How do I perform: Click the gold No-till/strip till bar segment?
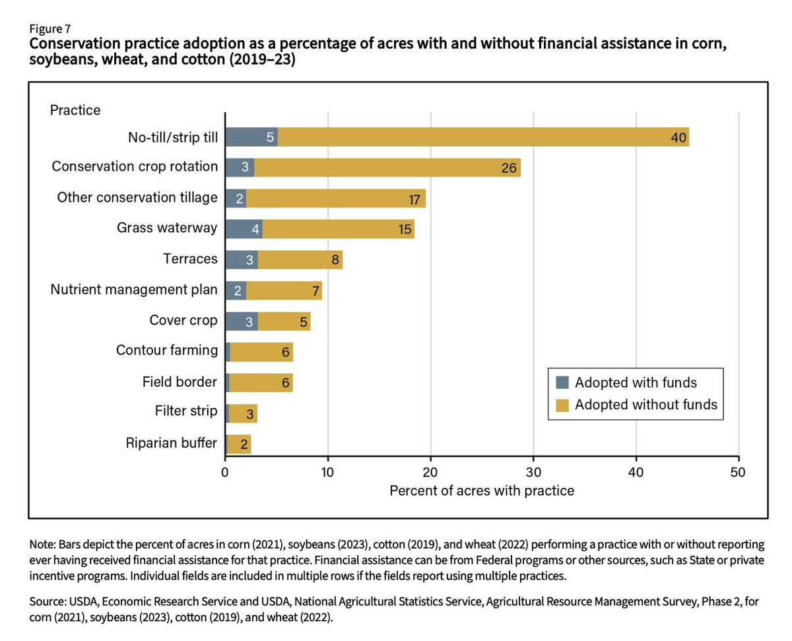click(x=482, y=137)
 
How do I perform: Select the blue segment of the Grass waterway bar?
click(x=244, y=228)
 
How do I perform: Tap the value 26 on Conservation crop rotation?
click(x=508, y=168)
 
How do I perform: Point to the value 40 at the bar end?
click(x=678, y=138)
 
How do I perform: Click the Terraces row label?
click(x=190, y=259)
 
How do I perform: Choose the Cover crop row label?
click(x=183, y=320)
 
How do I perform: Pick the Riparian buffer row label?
click(x=171, y=443)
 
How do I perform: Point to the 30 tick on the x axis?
click(x=533, y=472)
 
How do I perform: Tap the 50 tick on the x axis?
click(x=739, y=472)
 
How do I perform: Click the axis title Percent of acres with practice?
click(x=482, y=491)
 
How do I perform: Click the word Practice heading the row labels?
click(x=75, y=110)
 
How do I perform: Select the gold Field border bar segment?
click(x=261, y=382)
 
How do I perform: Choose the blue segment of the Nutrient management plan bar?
click(x=236, y=290)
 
